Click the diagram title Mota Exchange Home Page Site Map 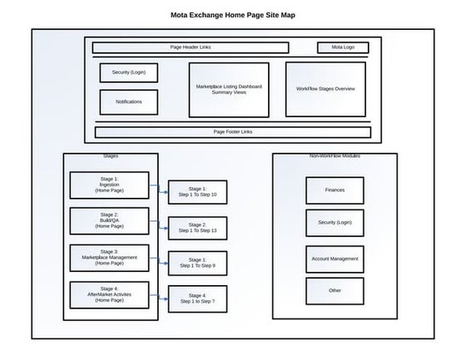[x=232, y=15]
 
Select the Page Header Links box [x=191, y=47]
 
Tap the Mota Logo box [x=343, y=47]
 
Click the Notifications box [x=129, y=101]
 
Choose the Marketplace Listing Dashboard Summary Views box [x=229, y=89]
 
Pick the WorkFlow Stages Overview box [x=325, y=89]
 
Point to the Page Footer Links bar [x=233, y=132]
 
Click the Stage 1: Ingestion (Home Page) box [x=109, y=185]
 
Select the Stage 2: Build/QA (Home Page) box [x=109, y=220]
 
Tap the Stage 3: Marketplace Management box [x=109, y=257]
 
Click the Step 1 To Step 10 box [x=197, y=192]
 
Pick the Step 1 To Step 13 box [x=197, y=227]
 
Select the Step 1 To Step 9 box [x=197, y=263]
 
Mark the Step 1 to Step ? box [x=197, y=298]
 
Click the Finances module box [x=335, y=190]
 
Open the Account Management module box [x=335, y=259]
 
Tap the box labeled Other [x=335, y=290]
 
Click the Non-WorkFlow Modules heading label [x=335, y=156]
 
